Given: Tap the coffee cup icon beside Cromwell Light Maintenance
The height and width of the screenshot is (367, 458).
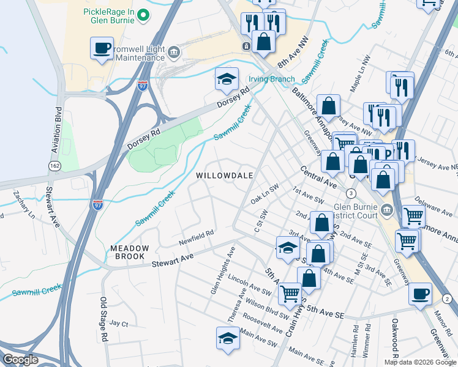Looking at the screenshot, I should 102,48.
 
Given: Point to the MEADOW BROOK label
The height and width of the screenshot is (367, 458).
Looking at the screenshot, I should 130,252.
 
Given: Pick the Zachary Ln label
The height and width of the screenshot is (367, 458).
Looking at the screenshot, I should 25,206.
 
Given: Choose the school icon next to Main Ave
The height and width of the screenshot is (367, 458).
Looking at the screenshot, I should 227,339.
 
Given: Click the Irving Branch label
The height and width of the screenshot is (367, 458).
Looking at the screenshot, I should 271,80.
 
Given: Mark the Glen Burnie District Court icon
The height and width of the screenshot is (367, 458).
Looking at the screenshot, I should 386,211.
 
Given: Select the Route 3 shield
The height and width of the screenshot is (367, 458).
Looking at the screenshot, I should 351,193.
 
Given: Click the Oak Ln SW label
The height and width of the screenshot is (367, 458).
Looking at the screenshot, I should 265,197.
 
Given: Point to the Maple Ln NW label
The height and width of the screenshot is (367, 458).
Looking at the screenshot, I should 361,81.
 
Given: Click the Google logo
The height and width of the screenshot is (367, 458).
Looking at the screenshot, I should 20,360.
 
